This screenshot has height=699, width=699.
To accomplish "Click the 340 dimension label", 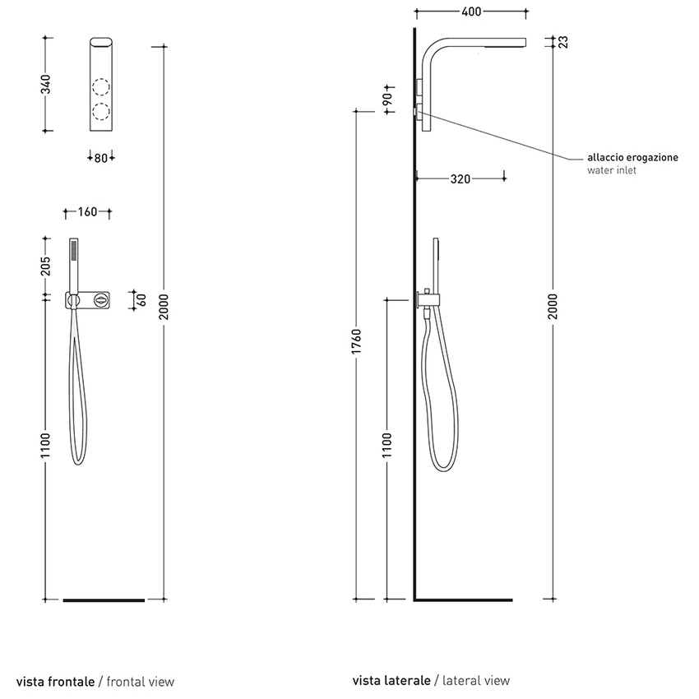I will [46, 83].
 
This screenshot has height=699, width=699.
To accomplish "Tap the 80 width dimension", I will [101, 157].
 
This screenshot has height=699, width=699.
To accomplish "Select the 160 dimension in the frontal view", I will [87, 212].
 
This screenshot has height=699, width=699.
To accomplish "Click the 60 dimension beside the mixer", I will [141, 299].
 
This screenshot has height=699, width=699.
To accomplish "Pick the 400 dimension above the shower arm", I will [471, 12].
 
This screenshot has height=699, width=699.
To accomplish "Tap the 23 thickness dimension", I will [563, 42].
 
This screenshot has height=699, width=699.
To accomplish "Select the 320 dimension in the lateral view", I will [460, 178].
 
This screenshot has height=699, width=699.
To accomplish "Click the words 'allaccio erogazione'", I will [632, 158].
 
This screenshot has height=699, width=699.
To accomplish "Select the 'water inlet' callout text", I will [612, 171].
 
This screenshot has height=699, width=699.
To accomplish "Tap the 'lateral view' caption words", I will [476, 681].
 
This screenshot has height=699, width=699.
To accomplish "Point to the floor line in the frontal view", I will [104, 600].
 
